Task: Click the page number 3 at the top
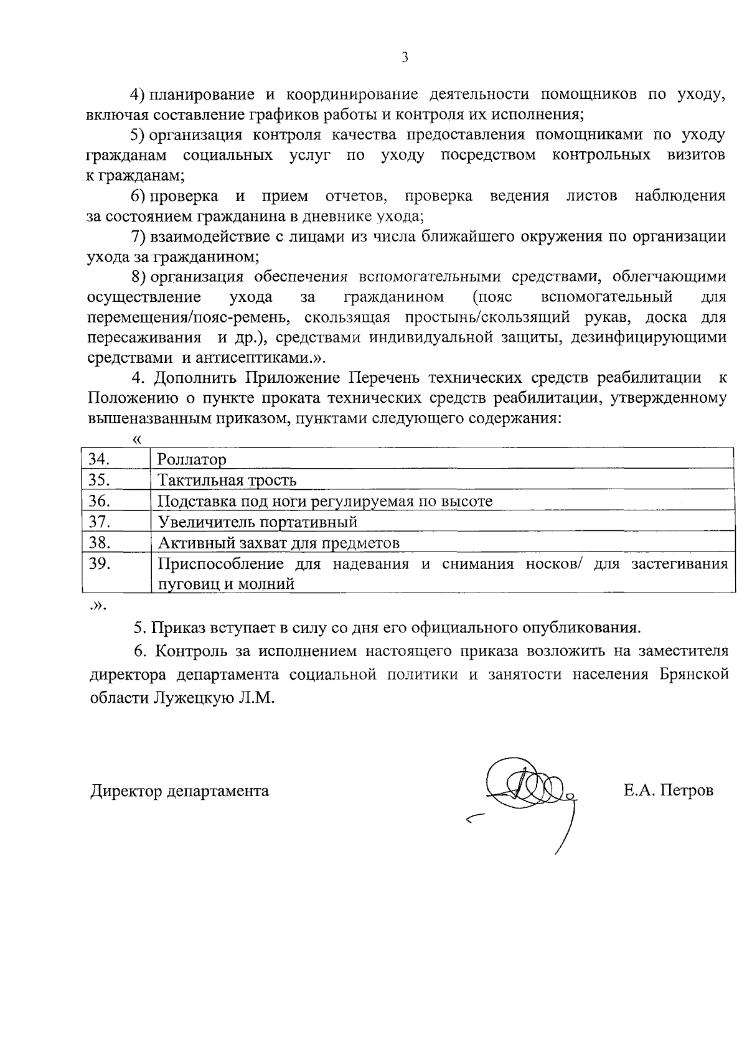tap(405, 58)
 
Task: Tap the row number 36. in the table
tap(100, 501)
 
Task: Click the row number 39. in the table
tap(100, 564)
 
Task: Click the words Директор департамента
tap(180, 790)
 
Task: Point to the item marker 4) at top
tap(137, 95)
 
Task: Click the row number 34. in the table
tap(100, 459)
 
